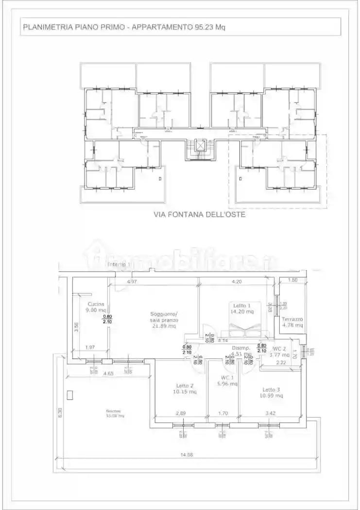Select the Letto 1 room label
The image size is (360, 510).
(x=242, y=305)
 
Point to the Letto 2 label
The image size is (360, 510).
(x=185, y=387)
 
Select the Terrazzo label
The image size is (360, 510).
(x=292, y=319)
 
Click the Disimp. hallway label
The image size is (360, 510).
(x=241, y=348)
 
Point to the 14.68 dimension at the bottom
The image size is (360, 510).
(x=186, y=455)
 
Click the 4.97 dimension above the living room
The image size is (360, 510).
(x=132, y=282)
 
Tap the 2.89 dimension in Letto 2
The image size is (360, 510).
(x=181, y=413)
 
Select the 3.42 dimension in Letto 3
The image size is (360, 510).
(x=271, y=413)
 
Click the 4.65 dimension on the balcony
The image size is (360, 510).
(x=109, y=374)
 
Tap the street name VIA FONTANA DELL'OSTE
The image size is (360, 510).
(x=200, y=214)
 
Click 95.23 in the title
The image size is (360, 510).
(x=203, y=28)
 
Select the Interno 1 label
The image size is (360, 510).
(x=119, y=264)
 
